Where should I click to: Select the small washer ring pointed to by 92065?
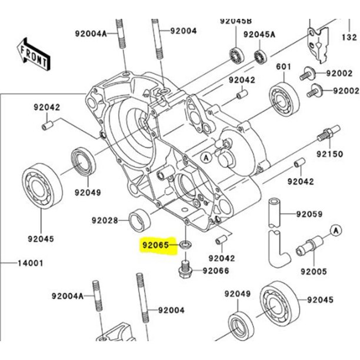click(186, 244)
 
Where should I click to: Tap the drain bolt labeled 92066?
click(184, 271)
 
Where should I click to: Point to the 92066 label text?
click(216, 271)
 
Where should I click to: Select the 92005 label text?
click(314, 272)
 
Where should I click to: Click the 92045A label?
click(259, 34)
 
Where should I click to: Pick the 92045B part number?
click(235, 20)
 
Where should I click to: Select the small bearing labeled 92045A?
click(260, 57)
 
